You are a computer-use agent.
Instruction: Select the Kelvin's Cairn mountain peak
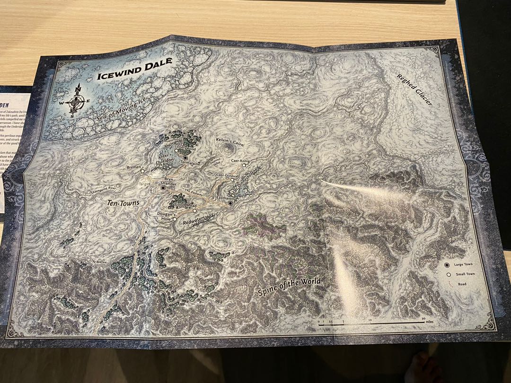click(229, 148)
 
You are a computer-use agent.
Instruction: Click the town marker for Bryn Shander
click(163, 188)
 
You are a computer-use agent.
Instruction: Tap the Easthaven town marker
click(230, 203)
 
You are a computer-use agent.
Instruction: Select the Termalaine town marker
click(186, 157)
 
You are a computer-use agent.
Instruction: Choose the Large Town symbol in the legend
click(447, 265)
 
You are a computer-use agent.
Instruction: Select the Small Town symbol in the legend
click(447, 274)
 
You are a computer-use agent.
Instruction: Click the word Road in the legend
click(462, 284)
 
